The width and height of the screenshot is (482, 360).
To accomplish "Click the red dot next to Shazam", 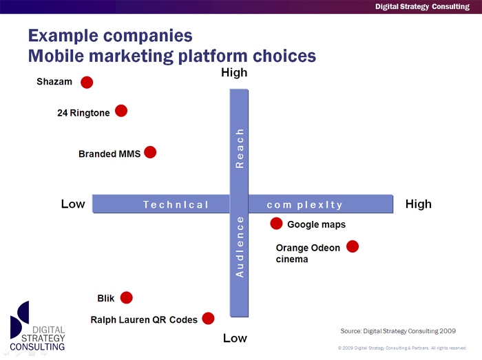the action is (87, 83).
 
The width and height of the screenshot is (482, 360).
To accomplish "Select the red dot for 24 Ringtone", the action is (121, 111).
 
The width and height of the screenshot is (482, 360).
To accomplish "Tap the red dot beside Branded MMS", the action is (150, 152).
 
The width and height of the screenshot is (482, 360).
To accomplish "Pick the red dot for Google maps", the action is (276, 224).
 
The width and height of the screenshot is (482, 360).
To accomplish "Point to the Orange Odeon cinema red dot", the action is (353, 246).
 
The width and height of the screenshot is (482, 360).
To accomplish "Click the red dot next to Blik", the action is (126, 297).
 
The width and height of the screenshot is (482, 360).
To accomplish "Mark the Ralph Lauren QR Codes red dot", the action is (208, 319).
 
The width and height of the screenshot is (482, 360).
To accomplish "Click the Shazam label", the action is (54, 82).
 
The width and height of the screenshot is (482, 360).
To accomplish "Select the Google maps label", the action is (316, 224).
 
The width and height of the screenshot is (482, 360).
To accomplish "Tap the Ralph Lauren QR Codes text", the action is (144, 320).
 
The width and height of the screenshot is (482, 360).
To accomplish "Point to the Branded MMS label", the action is (109, 153).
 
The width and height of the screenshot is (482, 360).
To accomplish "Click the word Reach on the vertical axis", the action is (240, 149).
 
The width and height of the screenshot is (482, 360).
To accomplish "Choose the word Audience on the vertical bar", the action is (240, 247).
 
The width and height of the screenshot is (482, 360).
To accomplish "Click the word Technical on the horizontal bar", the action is (176, 204).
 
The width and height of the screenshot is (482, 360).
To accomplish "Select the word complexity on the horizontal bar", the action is (304, 205).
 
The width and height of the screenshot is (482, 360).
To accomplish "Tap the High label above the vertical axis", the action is (234, 73).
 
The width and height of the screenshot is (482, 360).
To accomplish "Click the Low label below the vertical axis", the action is (235, 338).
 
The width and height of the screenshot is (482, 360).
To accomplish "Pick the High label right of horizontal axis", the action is (419, 204).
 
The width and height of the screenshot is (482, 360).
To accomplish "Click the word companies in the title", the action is (148, 36).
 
